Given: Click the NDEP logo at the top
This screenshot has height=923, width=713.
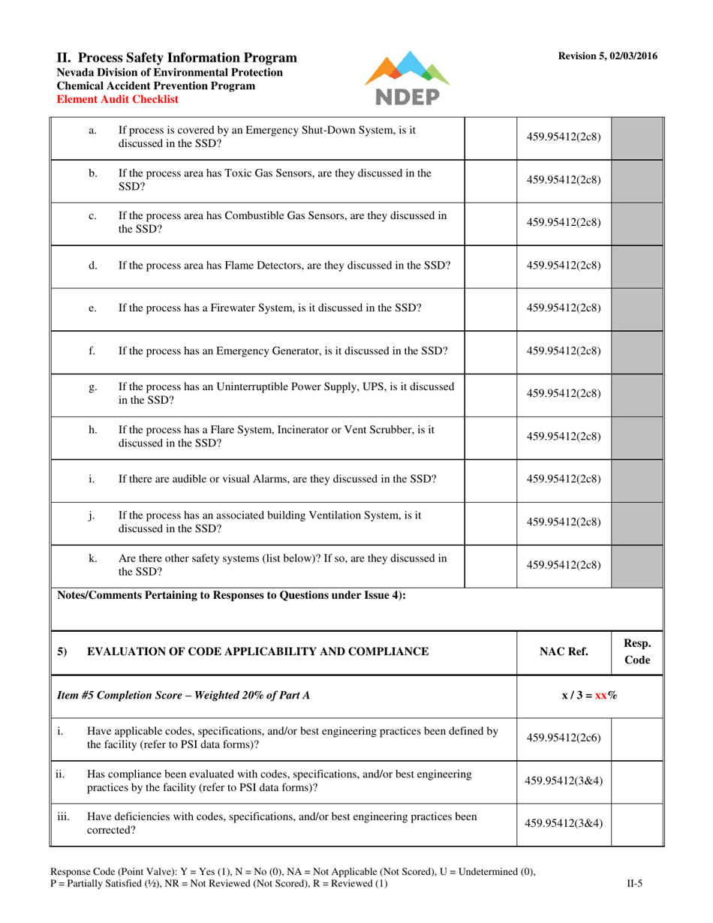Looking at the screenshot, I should pyautogui.click(x=408, y=77).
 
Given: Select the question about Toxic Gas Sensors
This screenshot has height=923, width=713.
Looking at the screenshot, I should pyautogui.click(x=275, y=179).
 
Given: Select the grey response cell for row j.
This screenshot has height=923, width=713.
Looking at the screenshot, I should pyautogui.click(x=638, y=520).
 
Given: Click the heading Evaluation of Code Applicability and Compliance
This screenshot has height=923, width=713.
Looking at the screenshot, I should pyautogui.click(x=258, y=651).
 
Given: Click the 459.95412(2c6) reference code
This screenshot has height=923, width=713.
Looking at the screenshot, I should pyautogui.click(x=564, y=738).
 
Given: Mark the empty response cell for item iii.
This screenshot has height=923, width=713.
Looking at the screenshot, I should pyautogui.click(x=638, y=825).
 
